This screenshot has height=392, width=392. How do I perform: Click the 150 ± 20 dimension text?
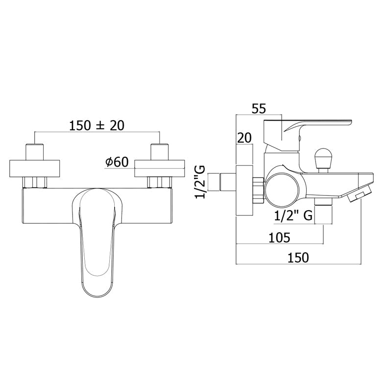[x=97, y=125]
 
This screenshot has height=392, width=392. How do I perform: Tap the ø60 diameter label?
[x=117, y=162]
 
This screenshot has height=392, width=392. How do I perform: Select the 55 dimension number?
[x=259, y=109]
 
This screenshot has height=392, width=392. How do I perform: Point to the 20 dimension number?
[x=244, y=138]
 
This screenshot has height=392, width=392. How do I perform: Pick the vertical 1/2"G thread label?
[x=200, y=182]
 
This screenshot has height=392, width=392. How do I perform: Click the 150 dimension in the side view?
[x=298, y=258]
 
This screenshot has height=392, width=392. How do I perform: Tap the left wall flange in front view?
[x=35, y=168]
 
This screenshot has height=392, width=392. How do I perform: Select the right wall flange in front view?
[x=160, y=168]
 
